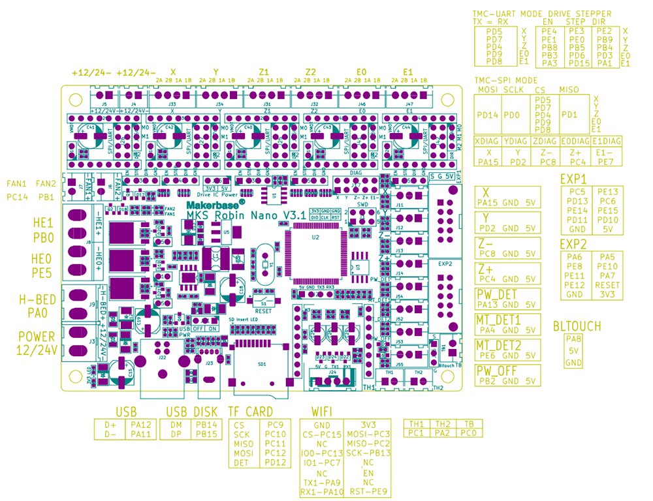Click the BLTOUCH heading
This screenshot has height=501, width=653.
point(577,326)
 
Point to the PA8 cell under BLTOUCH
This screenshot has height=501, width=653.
point(573,339)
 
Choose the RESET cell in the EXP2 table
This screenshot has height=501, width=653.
point(607,285)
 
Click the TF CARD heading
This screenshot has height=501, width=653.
point(251,412)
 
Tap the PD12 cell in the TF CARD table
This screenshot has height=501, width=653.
point(275,463)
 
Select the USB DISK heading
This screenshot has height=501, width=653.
point(192,412)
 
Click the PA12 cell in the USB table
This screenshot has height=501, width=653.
point(140,424)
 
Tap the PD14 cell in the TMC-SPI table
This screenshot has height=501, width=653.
point(488,115)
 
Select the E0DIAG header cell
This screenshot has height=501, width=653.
point(575,141)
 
